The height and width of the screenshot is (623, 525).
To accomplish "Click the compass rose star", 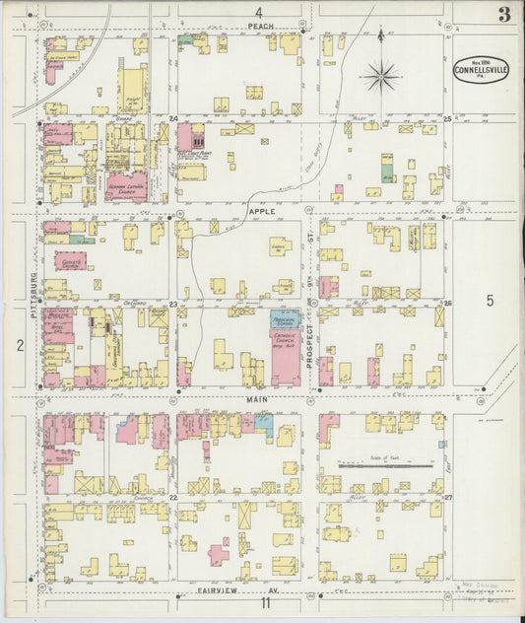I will (x=380, y=74).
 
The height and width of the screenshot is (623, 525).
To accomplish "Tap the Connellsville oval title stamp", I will (x=474, y=69).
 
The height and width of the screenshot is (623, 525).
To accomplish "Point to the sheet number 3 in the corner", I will (x=503, y=14).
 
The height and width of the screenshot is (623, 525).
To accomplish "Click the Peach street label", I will (x=260, y=26).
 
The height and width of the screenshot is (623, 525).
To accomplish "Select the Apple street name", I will (x=262, y=211).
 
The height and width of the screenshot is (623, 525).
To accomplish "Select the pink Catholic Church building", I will (x=286, y=355).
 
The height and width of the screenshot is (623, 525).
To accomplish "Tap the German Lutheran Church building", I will (x=126, y=185).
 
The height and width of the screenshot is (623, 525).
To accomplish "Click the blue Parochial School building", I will (x=286, y=320).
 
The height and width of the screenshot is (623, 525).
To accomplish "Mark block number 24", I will (x=173, y=119).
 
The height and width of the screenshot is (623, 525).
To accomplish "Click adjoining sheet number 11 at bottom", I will (x=265, y=603).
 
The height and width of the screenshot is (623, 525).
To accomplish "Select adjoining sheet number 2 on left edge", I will (x=19, y=344).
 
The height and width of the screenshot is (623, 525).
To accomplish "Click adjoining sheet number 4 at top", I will (x=257, y=11).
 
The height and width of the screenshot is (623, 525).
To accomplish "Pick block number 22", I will (x=173, y=498).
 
